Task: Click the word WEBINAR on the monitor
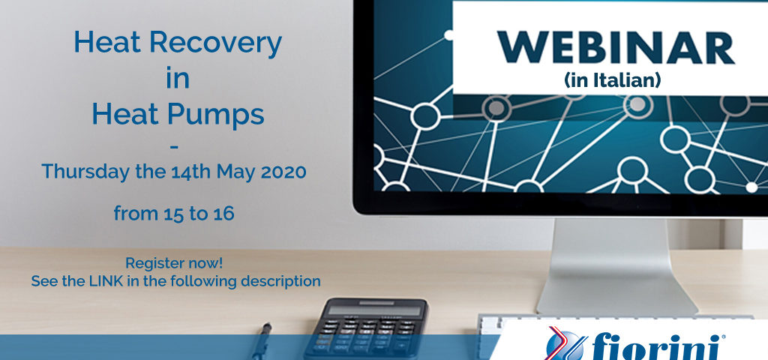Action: coord(616,48)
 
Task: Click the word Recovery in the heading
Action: coord(215,43)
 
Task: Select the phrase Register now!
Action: coord(174,263)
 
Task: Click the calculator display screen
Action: coord(374,310)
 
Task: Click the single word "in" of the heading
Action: coord(177,79)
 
